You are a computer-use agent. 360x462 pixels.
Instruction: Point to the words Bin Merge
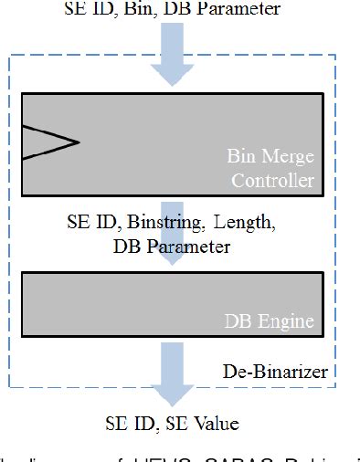270,159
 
